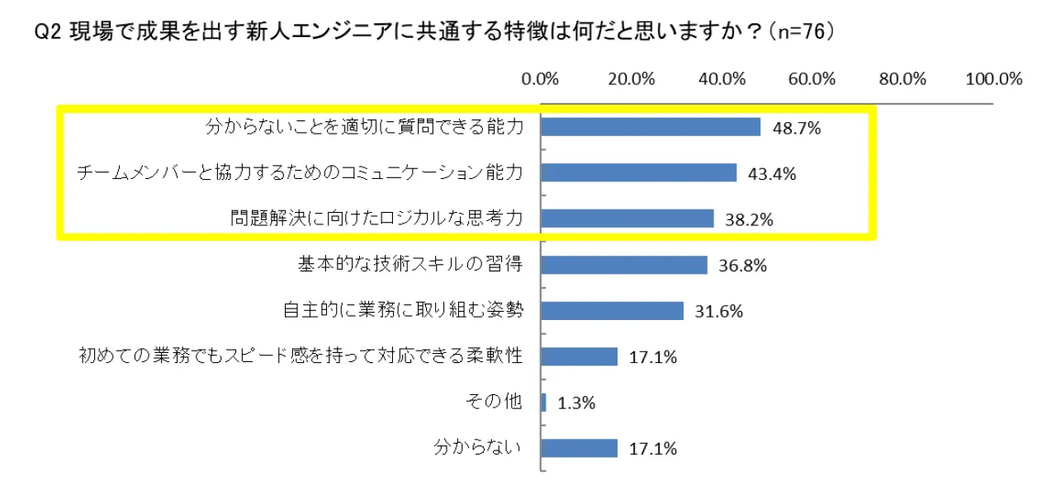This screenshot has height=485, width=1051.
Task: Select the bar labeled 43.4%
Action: tap(640, 172)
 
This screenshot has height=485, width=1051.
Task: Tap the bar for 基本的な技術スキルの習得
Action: tap(625, 265)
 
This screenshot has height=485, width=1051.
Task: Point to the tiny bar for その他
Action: tap(544, 403)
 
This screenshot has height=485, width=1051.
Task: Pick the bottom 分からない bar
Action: tap(580, 448)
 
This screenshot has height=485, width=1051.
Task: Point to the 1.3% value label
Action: tap(577, 403)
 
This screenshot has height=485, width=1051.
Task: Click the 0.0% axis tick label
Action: tap(542, 80)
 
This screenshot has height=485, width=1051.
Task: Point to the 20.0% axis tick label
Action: tap(632, 80)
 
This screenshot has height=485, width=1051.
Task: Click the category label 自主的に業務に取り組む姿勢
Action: tap(403, 311)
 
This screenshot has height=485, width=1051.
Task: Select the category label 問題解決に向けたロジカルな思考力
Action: tap(377, 219)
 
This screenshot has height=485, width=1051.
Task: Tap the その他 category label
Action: tap(494, 403)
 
